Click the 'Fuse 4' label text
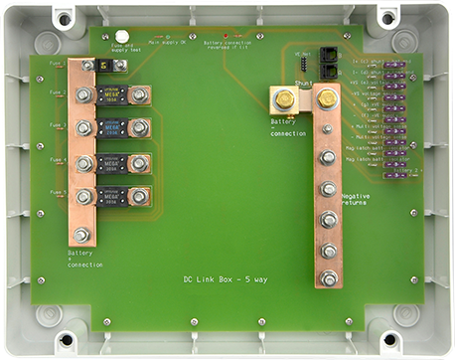pyautogui.click(x=58, y=160)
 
